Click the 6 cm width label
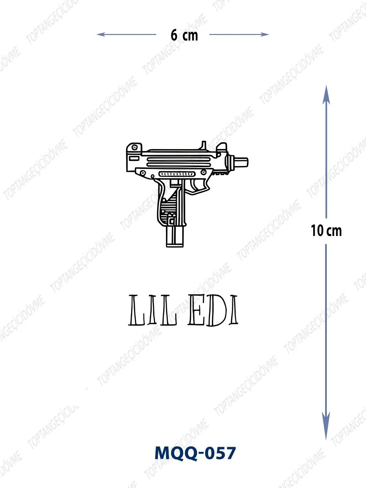pyautogui.click(x=184, y=35)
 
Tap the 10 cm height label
pyautogui.click(x=326, y=231)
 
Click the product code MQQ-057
pyautogui.click(x=195, y=453)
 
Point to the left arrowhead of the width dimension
pyautogui.click(x=101, y=34)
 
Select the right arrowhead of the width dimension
pyautogui.click(x=265, y=34)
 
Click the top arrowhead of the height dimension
pyautogui.click(x=326, y=94)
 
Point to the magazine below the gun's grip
pyautogui.click(x=175, y=236)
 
